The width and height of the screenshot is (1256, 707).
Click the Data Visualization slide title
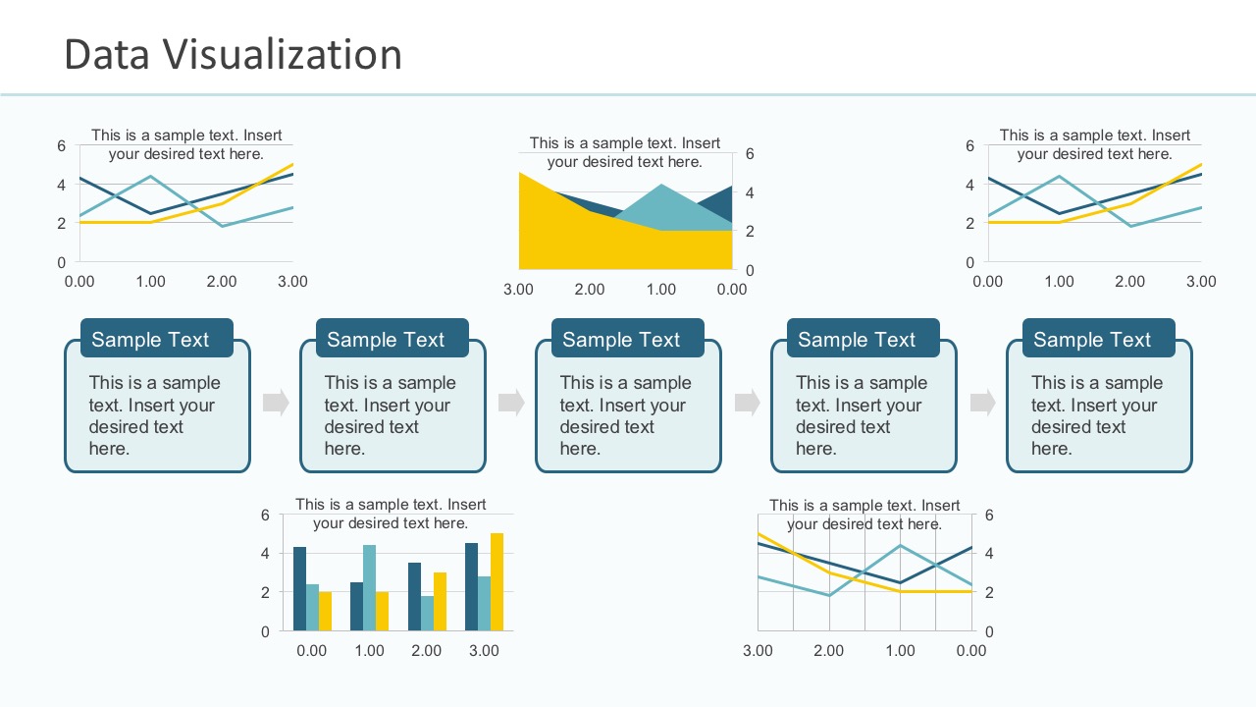tap(233, 54)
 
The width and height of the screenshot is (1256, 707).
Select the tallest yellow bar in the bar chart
tap(497, 582)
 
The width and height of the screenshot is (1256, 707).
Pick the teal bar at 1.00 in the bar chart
tap(369, 588)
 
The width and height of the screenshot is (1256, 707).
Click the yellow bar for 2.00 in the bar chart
tap(440, 601)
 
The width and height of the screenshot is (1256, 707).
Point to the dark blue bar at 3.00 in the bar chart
tap(471, 586)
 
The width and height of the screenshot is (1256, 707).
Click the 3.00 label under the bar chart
tap(483, 650)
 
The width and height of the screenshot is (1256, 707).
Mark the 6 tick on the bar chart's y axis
tap(265, 515)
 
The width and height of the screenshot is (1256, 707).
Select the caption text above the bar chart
tap(391, 514)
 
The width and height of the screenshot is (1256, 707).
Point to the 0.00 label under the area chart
tap(731, 289)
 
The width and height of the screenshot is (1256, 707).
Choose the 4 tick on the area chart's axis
tap(750, 192)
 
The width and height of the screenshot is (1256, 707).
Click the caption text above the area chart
tap(624, 152)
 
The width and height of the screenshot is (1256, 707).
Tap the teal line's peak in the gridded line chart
tap(900, 546)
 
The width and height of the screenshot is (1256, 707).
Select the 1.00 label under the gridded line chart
tap(900, 650)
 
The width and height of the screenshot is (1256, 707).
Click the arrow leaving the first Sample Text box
tap(276, 402)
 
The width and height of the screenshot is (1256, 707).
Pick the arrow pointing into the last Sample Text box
tap(982, 402)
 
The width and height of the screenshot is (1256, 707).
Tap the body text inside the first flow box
tap(154, 415)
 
